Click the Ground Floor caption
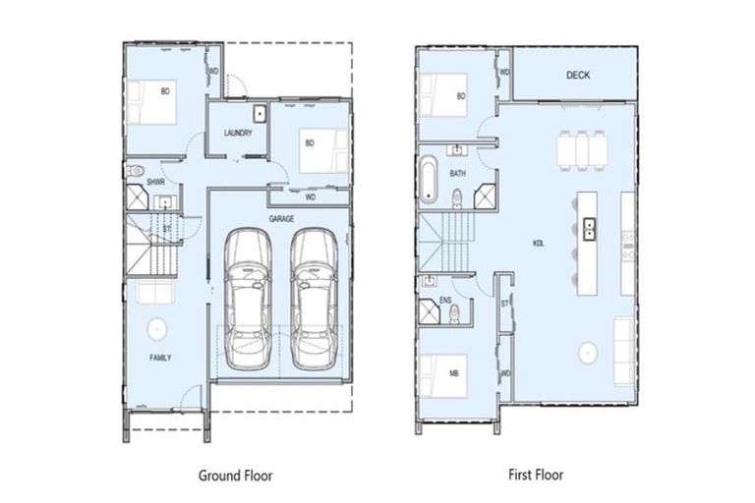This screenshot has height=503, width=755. click(x=235, y=475)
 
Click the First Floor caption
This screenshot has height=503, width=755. click(x=536, y=475)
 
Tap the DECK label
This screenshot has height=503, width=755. click(x=578, y=75)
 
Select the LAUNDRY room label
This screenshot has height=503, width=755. click(x=238, y=134)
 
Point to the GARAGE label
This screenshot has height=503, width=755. click(x=283, y=219)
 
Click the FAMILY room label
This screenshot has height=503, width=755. click(x=160, y=358)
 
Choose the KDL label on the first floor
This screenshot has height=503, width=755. click(x=539, y=242)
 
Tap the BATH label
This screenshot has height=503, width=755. click(x=458, y=173)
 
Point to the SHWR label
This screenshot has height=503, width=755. click(x=155, y=183)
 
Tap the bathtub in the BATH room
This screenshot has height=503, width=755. click(x=429, y=180)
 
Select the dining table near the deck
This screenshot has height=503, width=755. click(x=579, y=150)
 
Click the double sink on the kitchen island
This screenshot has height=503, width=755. click(x=589, y=230)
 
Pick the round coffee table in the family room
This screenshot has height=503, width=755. click(x=155, y=328)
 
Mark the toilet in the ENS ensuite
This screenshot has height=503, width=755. click(x=453, y=314)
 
